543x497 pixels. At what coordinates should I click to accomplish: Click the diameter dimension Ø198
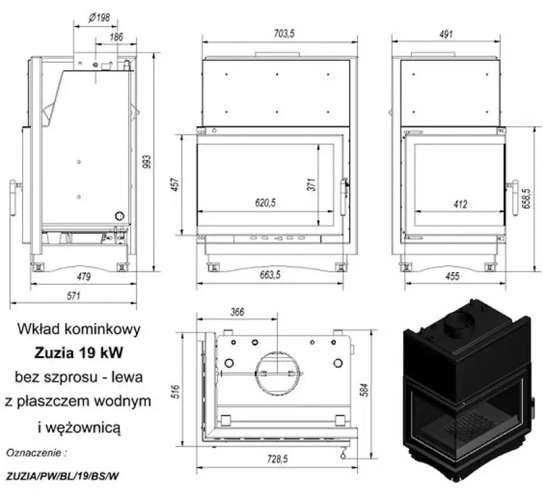(99, 17)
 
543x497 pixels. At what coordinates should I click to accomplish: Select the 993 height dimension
(146, 161)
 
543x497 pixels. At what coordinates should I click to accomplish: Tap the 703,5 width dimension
(284, 34)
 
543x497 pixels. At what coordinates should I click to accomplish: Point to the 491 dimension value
(446, 35)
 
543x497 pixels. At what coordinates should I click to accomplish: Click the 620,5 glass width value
(266, 202)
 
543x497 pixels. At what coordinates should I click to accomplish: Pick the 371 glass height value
(311, 185)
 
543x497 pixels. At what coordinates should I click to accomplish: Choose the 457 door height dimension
(175, 184)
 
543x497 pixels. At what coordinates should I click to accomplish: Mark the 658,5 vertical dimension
(526, 198)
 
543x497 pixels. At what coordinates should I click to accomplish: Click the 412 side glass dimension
(460, 204)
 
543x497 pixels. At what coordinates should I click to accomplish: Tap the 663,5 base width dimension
(270, 275)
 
